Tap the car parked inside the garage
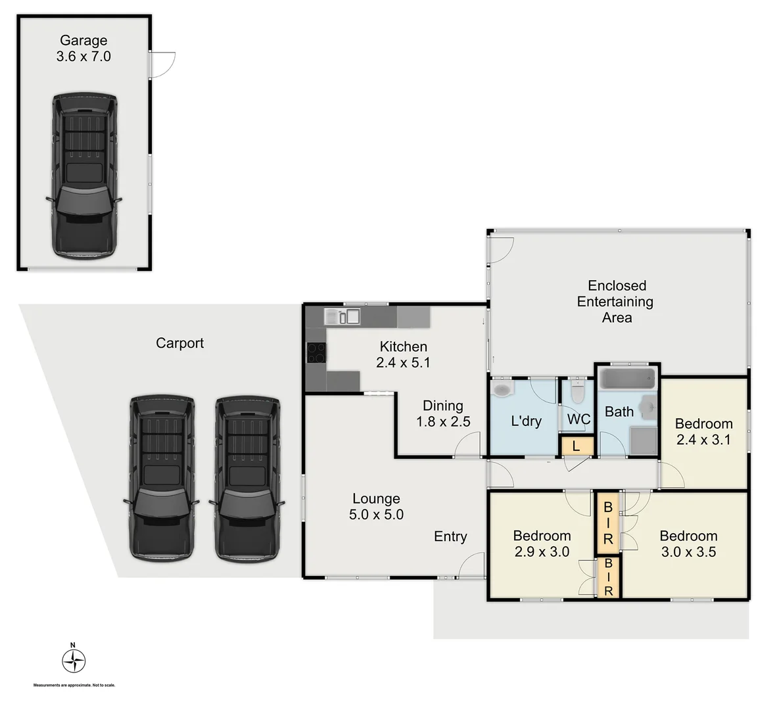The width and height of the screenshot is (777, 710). [x=83, y=176]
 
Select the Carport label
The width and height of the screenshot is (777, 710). [x=179, y=343]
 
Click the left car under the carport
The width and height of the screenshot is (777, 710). [x=161, y=478]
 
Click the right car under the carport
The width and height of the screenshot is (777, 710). [x=247, y=478]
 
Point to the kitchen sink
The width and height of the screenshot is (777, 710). [x=342, y=317]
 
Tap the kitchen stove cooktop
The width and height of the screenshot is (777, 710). [x=316, y=354]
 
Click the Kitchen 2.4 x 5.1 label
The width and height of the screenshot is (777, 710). [x=403, y=354]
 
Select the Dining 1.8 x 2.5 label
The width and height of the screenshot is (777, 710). [x=442, y=414]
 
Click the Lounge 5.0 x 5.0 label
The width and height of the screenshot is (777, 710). [x=376, y=507]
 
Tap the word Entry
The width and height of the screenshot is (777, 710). [x=450, y=537]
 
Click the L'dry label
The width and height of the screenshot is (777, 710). [x=526, y=421]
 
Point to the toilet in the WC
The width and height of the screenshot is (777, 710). [x=578, y=392]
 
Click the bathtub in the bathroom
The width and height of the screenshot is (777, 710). [x=628, y=380]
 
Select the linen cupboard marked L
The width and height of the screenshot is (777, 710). [x=577, y=446]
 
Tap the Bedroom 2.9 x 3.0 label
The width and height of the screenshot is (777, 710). [x=542, y=544]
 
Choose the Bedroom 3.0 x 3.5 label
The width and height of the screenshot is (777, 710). [x=688, y=544]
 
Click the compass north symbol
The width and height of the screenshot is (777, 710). [x=74, y=660]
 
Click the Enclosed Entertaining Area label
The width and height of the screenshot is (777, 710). [x=617, y=302]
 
